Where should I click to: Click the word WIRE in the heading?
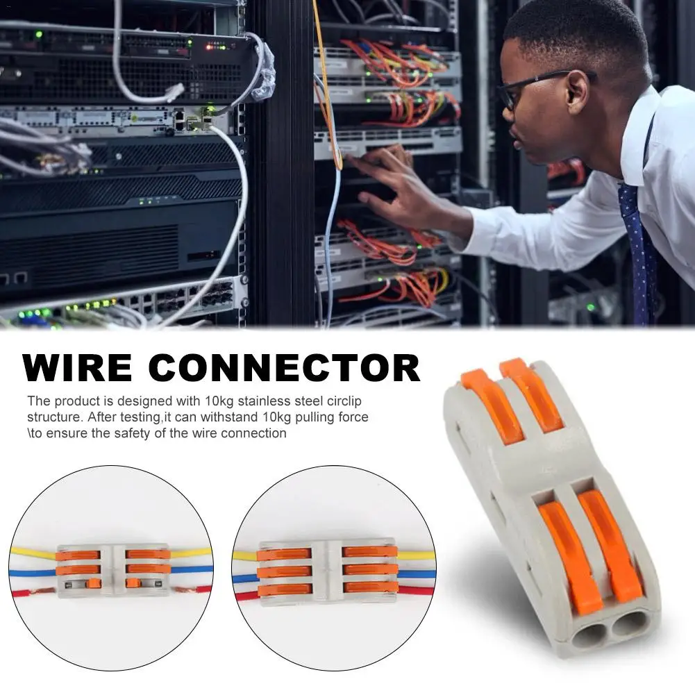[x=77, y=367]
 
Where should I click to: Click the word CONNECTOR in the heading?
[x=284, y=367]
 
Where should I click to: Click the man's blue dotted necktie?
[x=638, y=252]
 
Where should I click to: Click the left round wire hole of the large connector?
[x=588, y=635]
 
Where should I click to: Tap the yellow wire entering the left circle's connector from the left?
[x=33, y=553]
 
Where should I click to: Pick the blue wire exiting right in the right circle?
[x=417, y=574]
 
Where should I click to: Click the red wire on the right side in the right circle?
[x=415, y=590]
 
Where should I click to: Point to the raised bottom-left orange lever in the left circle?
[x=94, y=583]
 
